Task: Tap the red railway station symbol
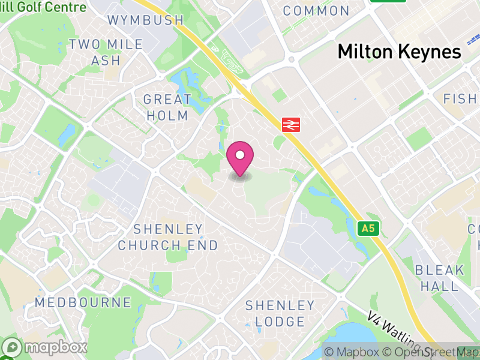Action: [291, 124]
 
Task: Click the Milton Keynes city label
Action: [399, 52]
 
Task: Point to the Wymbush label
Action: [145, 20]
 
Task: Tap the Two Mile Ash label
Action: [106, 52]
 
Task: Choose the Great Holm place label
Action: [167, 107]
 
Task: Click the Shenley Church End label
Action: [168, 237]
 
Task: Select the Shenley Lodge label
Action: [280, 313]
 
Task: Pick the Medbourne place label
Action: [83, 302]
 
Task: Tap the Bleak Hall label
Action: [440, 278]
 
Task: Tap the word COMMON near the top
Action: [316, 11]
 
